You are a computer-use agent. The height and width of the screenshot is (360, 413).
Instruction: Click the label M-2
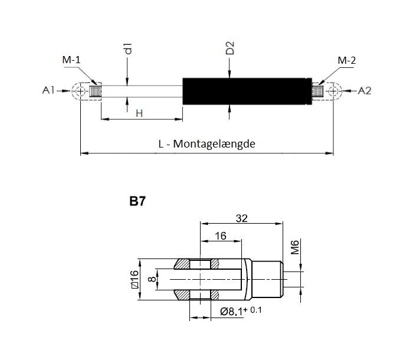tap(346, 61)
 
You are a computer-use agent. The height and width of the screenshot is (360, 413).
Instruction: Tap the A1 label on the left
tap(48, 91)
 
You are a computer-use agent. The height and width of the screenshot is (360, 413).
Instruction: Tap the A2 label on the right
tap(365, 91)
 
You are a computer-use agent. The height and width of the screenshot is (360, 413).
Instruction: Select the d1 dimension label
tap(127, 49)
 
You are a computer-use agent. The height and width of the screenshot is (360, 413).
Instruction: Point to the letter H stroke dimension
tap(139, 113)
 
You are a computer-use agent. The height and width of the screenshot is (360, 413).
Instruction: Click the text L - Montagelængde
tap(206, 144)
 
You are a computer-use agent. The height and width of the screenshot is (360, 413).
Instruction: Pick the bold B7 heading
tap(137, 201)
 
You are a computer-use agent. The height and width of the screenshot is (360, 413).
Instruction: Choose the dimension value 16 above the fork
tap(221, 235)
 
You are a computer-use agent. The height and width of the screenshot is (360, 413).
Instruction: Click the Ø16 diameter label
tap(135, 279)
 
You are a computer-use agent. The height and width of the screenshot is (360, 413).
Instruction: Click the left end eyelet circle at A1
tap(80, 91)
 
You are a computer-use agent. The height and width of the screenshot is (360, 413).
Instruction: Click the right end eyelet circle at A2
tap(334, 91)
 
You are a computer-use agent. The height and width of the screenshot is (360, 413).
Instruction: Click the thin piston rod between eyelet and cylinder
tap(142, 91)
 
